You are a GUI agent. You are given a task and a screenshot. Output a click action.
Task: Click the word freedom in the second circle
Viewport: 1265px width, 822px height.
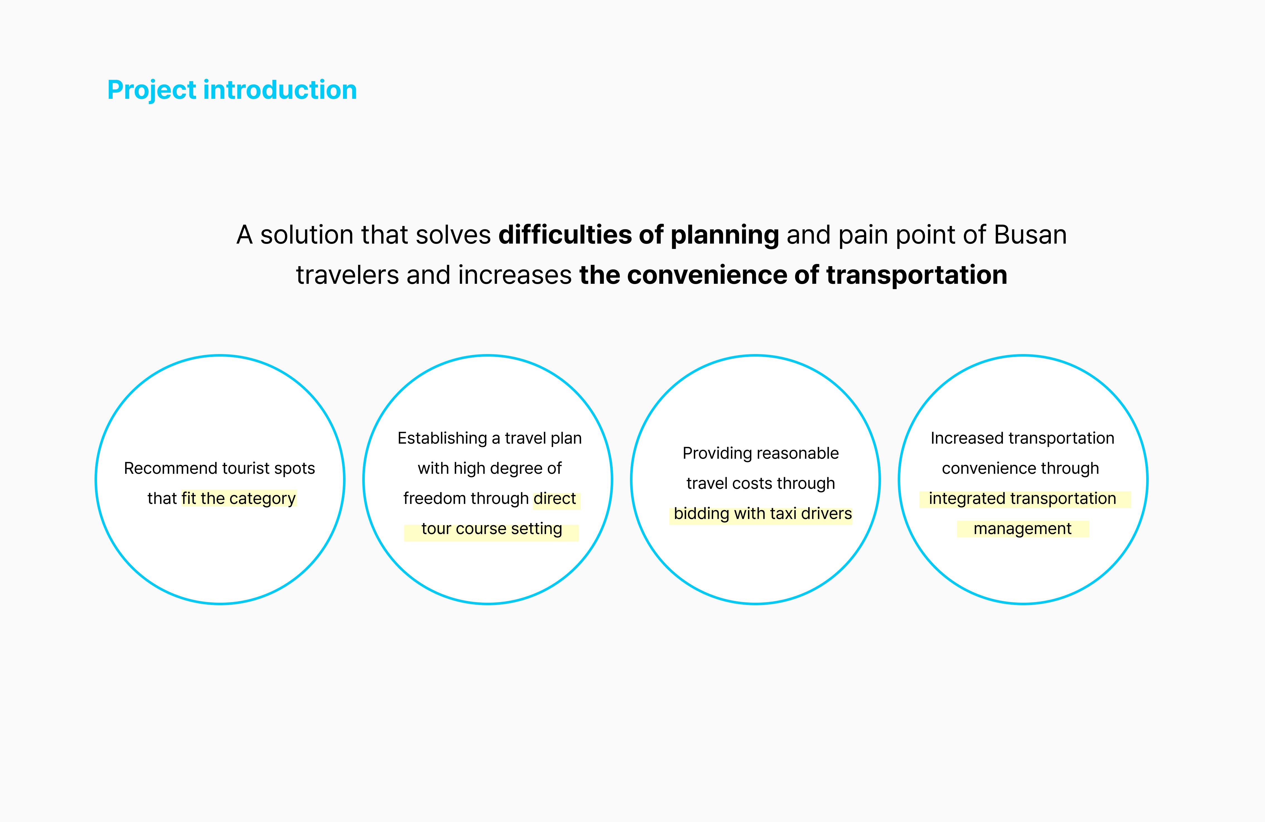434,498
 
